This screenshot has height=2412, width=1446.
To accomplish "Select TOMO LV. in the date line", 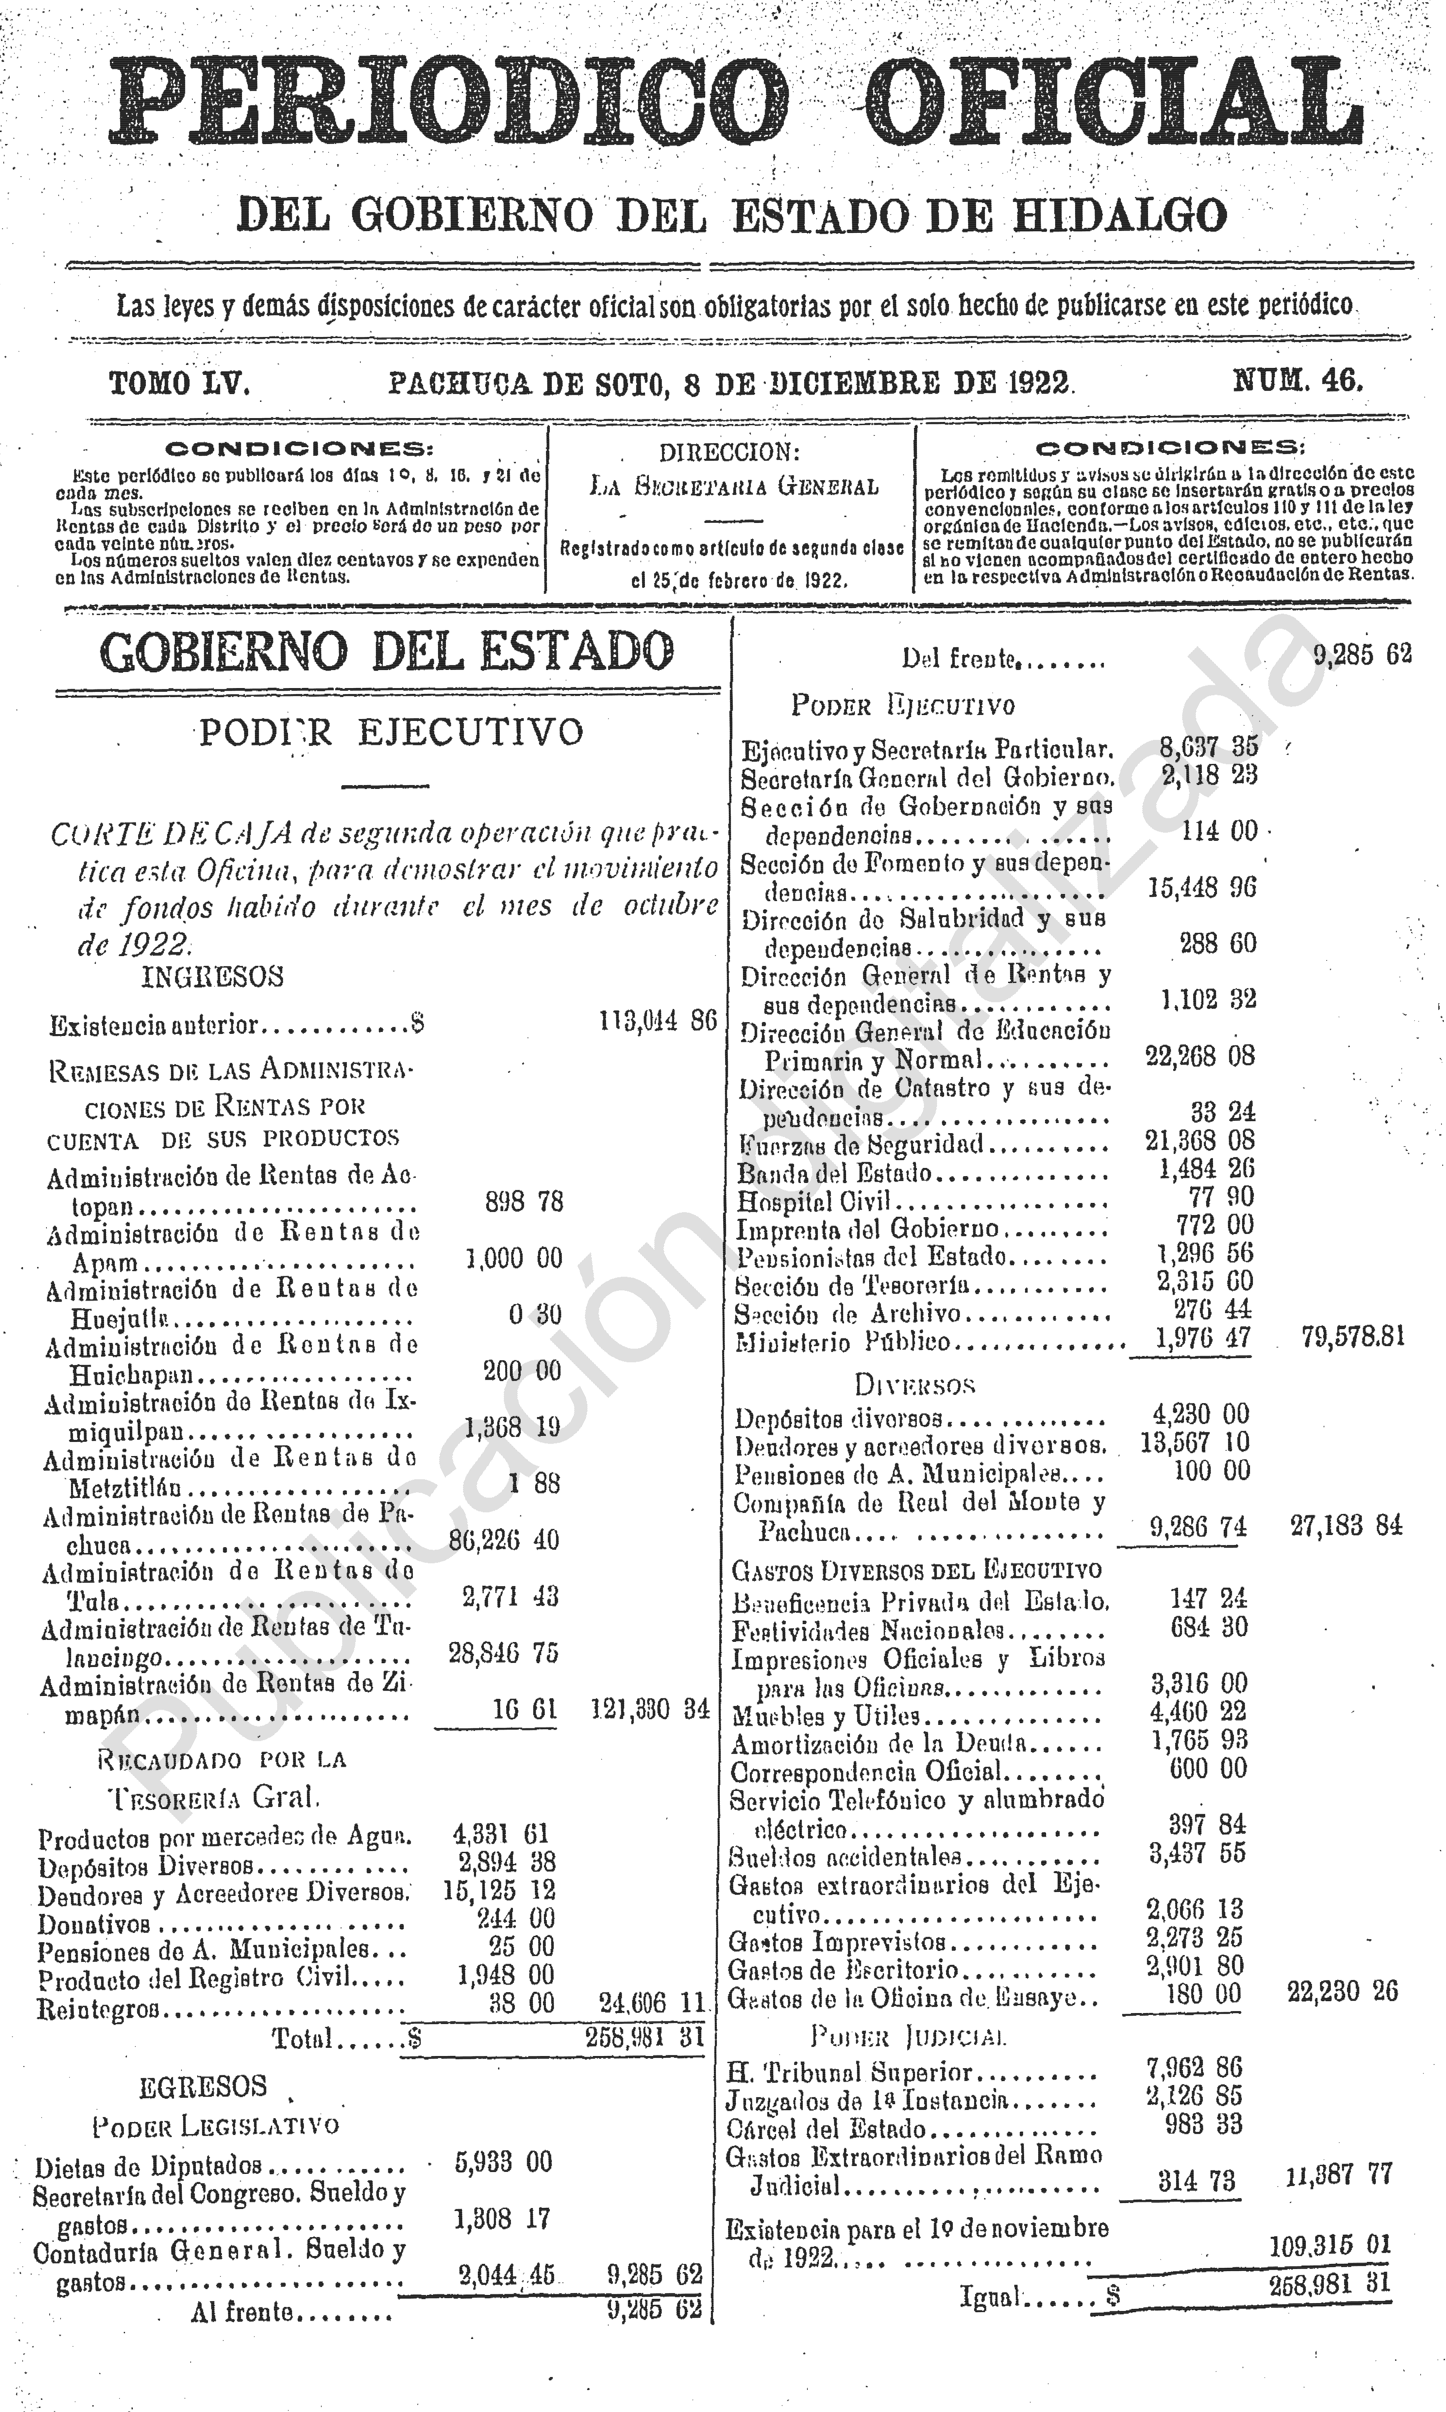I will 179,383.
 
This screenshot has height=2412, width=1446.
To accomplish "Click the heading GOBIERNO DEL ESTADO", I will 387,651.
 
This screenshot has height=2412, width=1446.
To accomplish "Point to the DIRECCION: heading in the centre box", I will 729,452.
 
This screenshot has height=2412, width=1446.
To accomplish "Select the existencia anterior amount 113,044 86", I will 658,1021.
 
